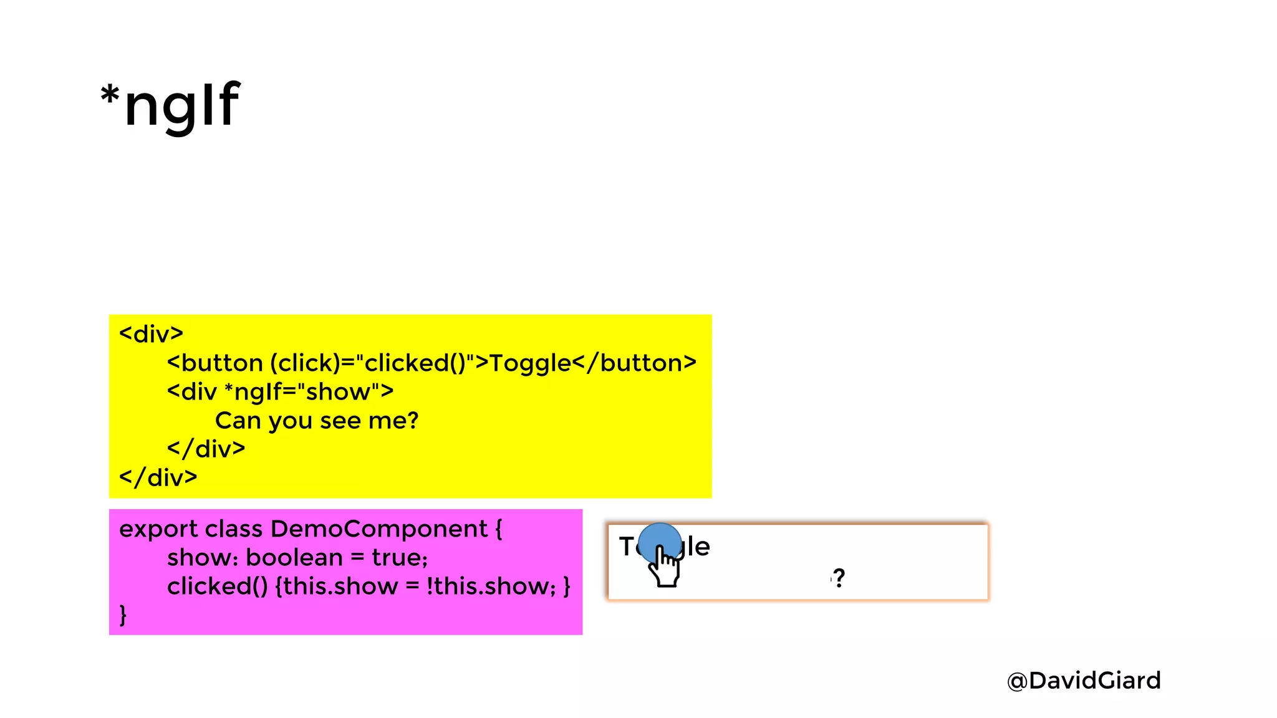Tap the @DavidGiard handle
pos(1084,681)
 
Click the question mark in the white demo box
pos(839,578)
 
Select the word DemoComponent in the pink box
pos(379,529)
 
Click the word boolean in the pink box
pos(294,557)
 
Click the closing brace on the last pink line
pos(123,615)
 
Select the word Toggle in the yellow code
pos(530,363)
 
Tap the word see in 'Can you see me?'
pos(340,421)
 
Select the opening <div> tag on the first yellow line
pos(152,334)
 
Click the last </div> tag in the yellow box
pos(158,477)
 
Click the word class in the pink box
pos(234,529)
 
